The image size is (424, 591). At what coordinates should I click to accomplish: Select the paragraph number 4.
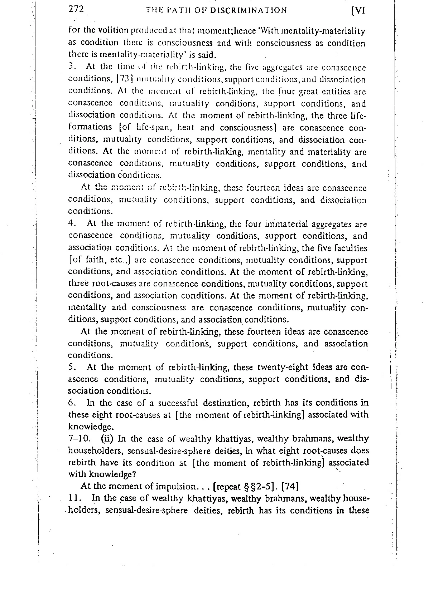click(71, 224)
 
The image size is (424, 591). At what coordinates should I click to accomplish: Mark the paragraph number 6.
click(71, 403)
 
